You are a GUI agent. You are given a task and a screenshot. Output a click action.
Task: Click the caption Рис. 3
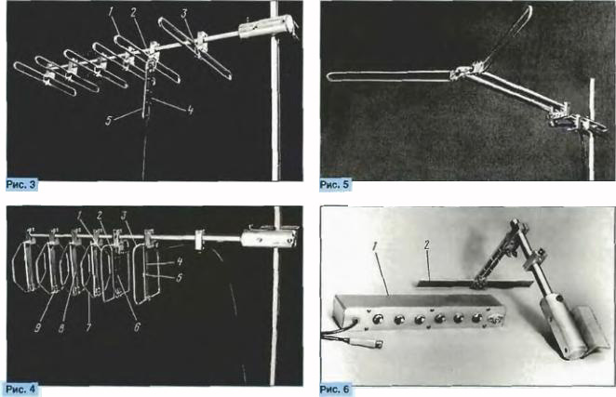[21, 185]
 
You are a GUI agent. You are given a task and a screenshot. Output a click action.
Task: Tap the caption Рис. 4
[21, 390]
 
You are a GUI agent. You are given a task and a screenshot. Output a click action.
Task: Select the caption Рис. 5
[335, 185]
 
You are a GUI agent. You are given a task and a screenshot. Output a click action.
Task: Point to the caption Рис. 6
[335, 390]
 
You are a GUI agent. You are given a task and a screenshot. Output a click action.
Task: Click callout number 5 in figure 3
[109, 121]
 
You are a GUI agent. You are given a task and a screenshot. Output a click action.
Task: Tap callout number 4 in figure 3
[190, 110]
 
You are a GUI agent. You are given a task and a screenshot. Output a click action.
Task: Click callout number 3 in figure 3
[184, 13]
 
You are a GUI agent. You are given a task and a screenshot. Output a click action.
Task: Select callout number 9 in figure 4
[37, 328]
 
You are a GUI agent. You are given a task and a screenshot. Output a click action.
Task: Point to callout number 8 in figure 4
[61, 328]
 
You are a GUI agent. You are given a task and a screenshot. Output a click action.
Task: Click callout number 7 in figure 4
[88, 326]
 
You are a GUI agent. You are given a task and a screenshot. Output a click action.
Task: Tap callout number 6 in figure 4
[137, 326]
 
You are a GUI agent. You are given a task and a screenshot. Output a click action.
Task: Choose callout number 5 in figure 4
[179, 278]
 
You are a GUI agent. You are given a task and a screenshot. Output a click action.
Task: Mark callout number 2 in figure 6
[427, 245]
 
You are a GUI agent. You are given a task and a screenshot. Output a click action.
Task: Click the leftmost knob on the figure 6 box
[377, 319]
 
